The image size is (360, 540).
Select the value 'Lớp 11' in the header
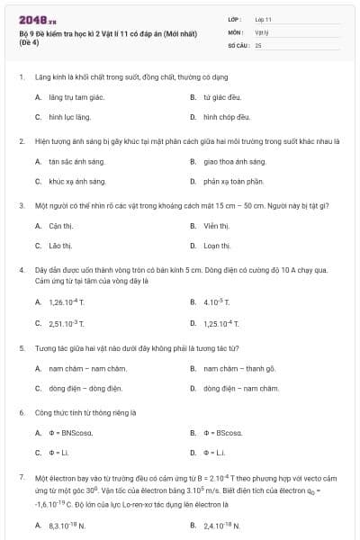coord(263,19)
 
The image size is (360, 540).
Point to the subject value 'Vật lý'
coord(261,31)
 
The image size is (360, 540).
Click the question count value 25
coord(258,44)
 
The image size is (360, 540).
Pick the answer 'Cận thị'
coord(60,225)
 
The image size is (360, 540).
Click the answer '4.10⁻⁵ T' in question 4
coord(218,301)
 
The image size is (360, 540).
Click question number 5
coord(21,346)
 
